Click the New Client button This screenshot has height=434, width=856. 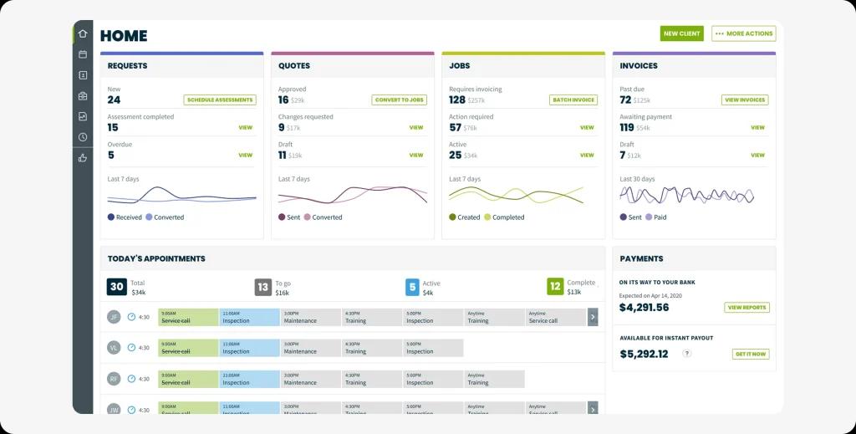[x=681, y=33]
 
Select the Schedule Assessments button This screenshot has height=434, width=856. [x=220, y=100]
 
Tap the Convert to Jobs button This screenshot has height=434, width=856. [x=399, y=100]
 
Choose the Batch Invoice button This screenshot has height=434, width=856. [x=573, y=100]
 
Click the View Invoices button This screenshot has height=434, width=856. [x=745, y=100]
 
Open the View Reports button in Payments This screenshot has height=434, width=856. [x=746, y=307]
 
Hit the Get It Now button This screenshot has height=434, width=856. [x=750, y=354]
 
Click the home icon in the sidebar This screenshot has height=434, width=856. [x=83, y=33]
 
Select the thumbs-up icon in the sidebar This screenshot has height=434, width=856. [x=83, y=157]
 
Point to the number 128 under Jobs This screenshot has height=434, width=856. [x=457, y=100]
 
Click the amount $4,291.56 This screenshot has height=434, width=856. [x=644, y=307]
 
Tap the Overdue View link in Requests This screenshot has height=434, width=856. [x=245, y=155]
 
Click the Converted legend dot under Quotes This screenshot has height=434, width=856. [x=307, y=217]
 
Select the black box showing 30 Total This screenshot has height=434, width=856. [x=117, y=287]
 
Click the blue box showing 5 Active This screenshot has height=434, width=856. [x=412, y=287]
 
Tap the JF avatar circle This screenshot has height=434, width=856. [x=115, y=317]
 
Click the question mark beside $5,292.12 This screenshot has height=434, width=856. [x=687, y=354]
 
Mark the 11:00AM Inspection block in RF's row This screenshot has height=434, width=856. [x=249, y=379]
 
